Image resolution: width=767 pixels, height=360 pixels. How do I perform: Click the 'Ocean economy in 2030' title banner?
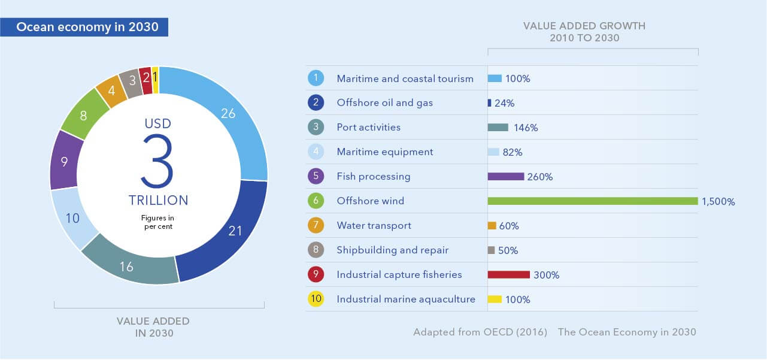87,28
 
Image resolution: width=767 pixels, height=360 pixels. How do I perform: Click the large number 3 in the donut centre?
158,160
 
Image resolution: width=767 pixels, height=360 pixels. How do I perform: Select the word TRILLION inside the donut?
158,200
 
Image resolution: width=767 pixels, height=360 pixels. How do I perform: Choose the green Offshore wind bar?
593,201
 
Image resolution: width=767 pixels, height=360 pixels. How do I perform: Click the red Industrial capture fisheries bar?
509,275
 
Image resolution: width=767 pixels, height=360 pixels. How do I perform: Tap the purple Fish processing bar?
506,177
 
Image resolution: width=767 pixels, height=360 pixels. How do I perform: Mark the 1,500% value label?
718,202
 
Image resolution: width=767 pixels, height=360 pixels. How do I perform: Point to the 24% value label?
505,103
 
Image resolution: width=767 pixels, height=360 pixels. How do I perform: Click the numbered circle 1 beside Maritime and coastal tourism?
316,78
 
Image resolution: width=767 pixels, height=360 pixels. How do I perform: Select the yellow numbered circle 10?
316,299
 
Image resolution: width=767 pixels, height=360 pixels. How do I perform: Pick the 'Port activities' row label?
369,127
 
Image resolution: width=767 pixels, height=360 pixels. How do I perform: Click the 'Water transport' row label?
374,226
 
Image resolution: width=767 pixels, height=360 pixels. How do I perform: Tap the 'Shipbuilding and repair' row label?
393,250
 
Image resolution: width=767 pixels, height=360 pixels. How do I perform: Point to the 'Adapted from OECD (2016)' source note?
480,332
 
